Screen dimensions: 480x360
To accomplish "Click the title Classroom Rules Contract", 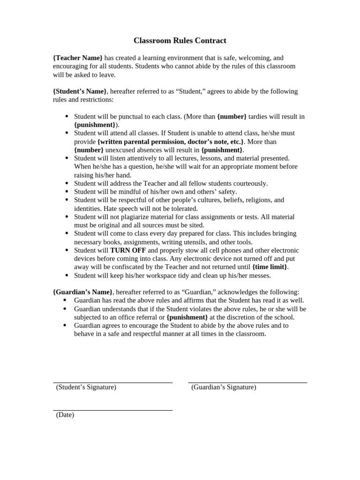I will (180, 41).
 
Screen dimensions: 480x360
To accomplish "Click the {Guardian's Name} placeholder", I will (82, 292).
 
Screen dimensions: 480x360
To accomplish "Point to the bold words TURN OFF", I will (128, 250).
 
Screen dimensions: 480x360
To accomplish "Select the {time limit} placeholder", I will (270, 267).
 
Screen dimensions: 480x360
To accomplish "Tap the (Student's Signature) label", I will (86, 387).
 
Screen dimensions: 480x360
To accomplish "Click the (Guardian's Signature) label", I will (224, 387).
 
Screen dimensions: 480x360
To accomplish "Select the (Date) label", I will (65, 415).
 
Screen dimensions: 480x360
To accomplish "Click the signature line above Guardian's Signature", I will (247, 382).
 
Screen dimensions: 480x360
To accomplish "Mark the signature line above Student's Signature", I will (112, 382).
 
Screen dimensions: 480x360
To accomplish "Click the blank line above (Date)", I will (112, 410).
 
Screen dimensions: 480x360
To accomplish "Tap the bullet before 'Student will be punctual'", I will (67, 117).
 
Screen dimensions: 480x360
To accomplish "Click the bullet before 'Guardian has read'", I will (67, 300).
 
